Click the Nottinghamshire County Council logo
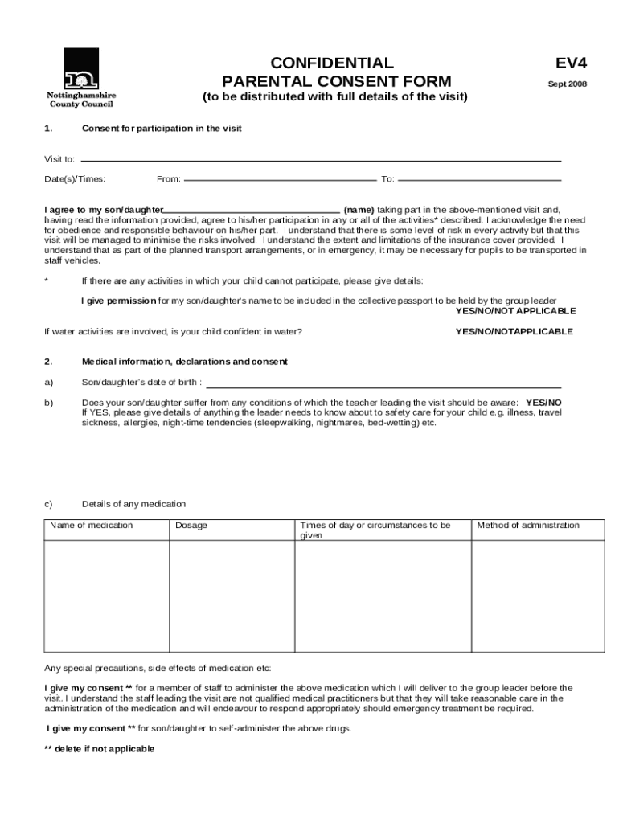pyautogui.click(x=81, y=77)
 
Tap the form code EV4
pyautogui.click(x=566, y=63)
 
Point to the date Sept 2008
pyautogui.click(x=567, y=84)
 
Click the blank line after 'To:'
pyautogui.click(x=479, y=178)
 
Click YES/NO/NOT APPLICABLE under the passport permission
pyautogui.click(x=515, y=311)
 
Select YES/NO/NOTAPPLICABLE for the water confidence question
pyautogui.click(x=514, y=331)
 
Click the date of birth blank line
pyautogui.click(x=383, y=386)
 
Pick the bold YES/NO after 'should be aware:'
pyautogui.click(x=543, y=402)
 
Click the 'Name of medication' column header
pyautogui.click(x=92, y=526)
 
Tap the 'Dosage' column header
pyautogui.click(x=191, y=526)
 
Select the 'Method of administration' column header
pyautogui.click(x=528, y=526)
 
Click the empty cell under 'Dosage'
pyautogui.click(x=232, y=595)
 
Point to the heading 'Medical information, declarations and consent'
pyautogui.click(x=185, y=362)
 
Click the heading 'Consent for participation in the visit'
pyautogui.click(x=162, y=129)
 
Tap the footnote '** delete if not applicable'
pyautogui.click(x=99, y=748)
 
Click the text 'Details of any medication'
pyautogui.click(x=133, y=504)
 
